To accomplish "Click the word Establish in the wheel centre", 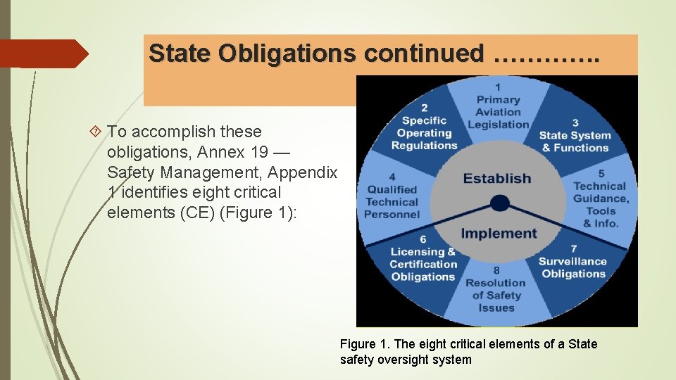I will click(496, 178).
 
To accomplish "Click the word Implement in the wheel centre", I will click(499, 234).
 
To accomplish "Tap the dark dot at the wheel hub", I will click(499, 203).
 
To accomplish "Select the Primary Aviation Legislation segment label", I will click(498, 112).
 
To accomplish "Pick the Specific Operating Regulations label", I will click(424, 132).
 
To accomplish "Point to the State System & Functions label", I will click(575, 141).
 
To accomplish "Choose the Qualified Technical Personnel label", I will click(392, 201).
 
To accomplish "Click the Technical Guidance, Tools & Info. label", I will click(600, 205).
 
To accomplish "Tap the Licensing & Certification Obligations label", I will click(423, 264).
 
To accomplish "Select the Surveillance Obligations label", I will click(573, 267).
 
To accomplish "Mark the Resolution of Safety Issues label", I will click(496, 296).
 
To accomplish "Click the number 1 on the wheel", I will click(498, 87).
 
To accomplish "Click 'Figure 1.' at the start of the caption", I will click(364, 344).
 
